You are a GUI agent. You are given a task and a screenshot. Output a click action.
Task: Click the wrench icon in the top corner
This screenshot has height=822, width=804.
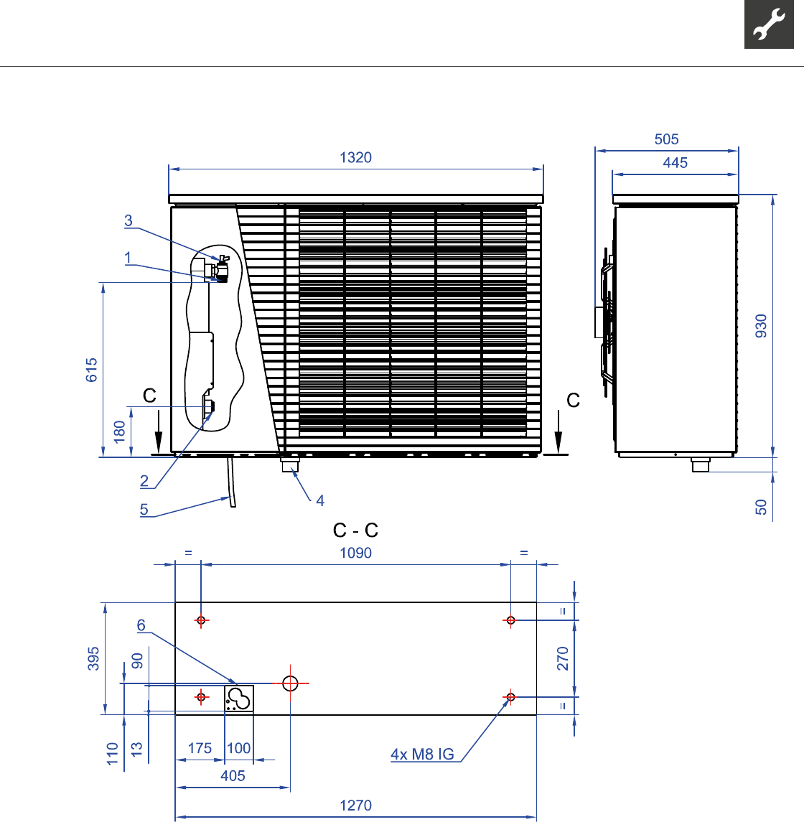pyautogui.click(x=769, y=24)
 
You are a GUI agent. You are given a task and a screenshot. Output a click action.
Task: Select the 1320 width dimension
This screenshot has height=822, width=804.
pyautogui.click(x=355, y=157)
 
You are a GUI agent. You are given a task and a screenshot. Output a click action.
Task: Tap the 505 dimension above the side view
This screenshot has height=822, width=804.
pyautogui.click(x=666, y=139)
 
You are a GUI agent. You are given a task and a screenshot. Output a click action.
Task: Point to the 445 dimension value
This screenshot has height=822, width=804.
pyautogui.click(x=675, y=162)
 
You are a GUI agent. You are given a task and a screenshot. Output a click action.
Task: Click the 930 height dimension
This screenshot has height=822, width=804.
pyautogui.click(x=761, y=326)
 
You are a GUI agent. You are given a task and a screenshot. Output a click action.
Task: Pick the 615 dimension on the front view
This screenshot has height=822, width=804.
pyautogui.click(x=92, y=370)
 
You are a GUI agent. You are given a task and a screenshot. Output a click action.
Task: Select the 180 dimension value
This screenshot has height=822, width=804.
pyautogui.click(x=119, y=431)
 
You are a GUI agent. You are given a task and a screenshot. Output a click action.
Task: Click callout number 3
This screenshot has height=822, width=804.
pyautogui.click(x=128, y=220)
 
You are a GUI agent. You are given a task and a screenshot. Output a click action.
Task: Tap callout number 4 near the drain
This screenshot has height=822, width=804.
pyautogui.click(x=319, y=500)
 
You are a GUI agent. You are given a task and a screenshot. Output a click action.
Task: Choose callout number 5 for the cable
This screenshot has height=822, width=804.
pyautogui.click(x=144, y=509)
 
